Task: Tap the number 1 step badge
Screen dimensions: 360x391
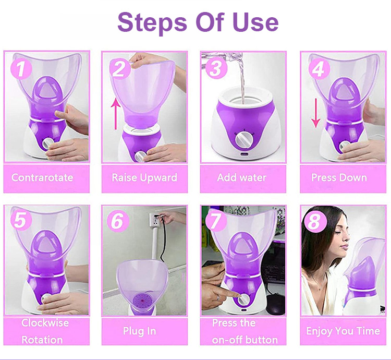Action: [x=20, y=68]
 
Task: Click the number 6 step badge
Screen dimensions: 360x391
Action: [x=118, y=221]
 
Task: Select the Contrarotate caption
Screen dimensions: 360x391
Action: [x=42, y=177]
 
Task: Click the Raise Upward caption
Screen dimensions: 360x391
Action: [x=144, y=177]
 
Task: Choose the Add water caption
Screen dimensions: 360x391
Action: [x=241, y=177]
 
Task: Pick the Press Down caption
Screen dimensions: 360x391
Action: [x=339, y=177]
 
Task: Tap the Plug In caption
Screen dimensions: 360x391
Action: [x=140, y=331]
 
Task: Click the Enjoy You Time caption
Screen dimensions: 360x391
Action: [x=343, y=331]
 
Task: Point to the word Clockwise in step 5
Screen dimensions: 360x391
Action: [x=45, y=323]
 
